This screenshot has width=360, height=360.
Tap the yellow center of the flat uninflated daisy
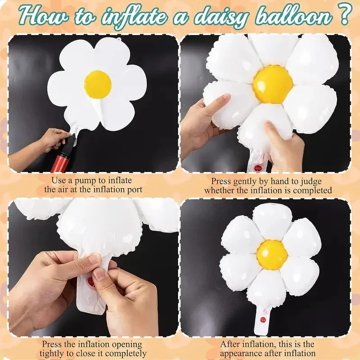[x=98, y=83]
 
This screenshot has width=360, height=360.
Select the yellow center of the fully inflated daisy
[x=272, y=254]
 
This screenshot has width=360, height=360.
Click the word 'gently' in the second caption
[x=250, y=181]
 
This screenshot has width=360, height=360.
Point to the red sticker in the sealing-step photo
[x=91, y=283]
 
